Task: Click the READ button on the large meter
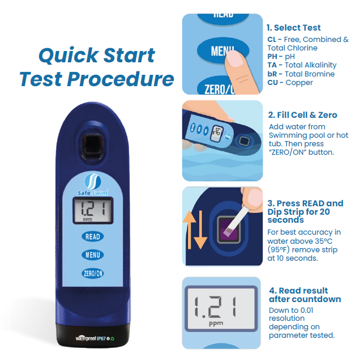[92, 236]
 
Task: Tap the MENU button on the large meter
[92, 254]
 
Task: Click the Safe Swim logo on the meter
[92, 184]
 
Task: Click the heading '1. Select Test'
[293, 27]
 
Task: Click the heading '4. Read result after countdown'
[305, 295]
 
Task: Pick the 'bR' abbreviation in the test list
[272, 74]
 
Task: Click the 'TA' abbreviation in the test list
[272, 65]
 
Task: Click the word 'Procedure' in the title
[125, 79]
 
